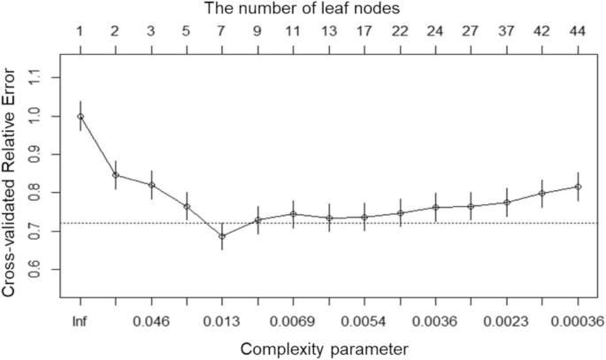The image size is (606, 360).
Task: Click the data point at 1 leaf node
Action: pyautogui.click(x=81, y=116)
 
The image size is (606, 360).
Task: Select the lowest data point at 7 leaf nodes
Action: pyautogui.click(x=222, y=236)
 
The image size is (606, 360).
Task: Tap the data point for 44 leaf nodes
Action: pyautogui.click(x=578, y=187)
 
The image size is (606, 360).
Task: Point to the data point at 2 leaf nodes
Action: pyautogui.click(x=116, y=174)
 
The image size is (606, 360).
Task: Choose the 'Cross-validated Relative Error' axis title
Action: pyautogui.click(x=12, y=173)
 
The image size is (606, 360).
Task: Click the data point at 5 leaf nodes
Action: pyautogui.click(x=187, y=207)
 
